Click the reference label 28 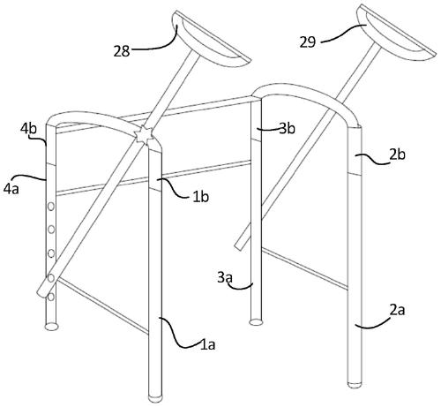tap(122, 51)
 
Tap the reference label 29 tap(308, 41)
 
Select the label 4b tap(28, 129)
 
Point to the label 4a tap(11, 188)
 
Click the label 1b tap(201, 197)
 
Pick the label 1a tap(207, 344)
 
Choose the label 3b tap(287, 128)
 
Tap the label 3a tap(225, 277)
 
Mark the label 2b tap(397, 155)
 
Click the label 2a tap(397, 310)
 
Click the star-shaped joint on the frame tap(144, 135)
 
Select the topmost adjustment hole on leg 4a tap(51, 207)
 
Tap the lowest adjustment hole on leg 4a tap(51, 297)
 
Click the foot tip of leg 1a tap(155, 398)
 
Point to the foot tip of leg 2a tap(355, 384)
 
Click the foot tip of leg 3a tap(256, 322)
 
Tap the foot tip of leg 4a tap(52, 326)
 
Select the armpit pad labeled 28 tap(210, 39)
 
